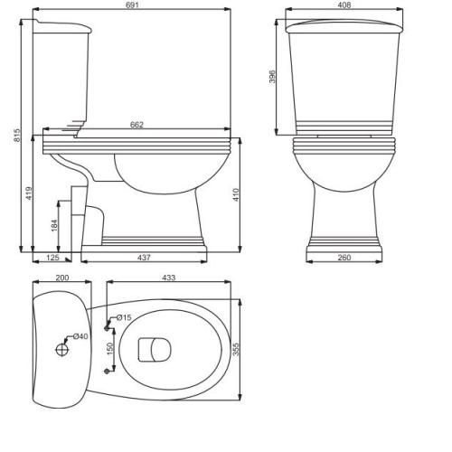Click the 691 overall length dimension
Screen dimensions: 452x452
133,5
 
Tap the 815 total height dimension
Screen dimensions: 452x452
17,136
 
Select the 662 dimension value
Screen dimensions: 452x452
137,125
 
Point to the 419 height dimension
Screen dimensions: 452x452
29,193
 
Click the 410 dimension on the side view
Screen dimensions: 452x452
236,194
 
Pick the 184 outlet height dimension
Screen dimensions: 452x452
54,225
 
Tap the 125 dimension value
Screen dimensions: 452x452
52,258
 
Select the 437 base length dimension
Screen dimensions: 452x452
144,258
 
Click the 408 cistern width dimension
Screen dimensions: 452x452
344,5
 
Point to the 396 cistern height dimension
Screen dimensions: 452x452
272,77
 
